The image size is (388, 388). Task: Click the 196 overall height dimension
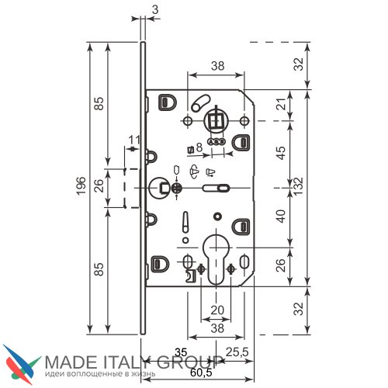[81, 185]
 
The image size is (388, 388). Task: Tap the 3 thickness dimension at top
[155, 10]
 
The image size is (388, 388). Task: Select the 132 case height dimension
[298, 186]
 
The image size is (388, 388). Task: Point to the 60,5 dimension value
[201, 372]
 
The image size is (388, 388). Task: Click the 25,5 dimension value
[237, 352]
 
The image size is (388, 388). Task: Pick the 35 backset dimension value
[181, 352]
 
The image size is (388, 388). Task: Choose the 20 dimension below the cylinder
[217, 310]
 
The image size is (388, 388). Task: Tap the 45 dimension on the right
[281, 153]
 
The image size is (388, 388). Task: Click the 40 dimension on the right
[281, 217]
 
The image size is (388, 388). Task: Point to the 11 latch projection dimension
[134, 140]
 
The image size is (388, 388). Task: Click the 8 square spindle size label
[199, 147]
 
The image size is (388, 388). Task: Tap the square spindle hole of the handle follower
[216, 121]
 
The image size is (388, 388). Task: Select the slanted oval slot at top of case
[201, 103]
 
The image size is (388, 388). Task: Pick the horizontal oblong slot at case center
[216, 188]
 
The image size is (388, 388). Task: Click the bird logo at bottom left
[22, 364]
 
